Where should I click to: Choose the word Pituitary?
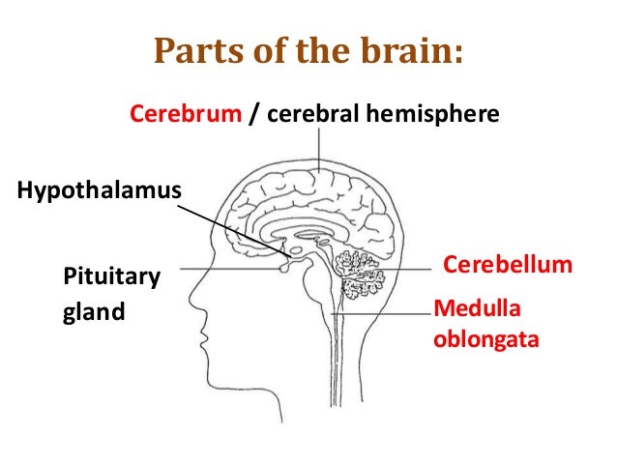tap(110, 279)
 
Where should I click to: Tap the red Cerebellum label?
tap(508, 265)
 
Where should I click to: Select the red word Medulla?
tap(477, 308)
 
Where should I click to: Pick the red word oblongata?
tap(485, 340)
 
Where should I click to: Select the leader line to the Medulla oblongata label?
tap(387, 313)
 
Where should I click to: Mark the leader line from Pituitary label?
tap(232, 269)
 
